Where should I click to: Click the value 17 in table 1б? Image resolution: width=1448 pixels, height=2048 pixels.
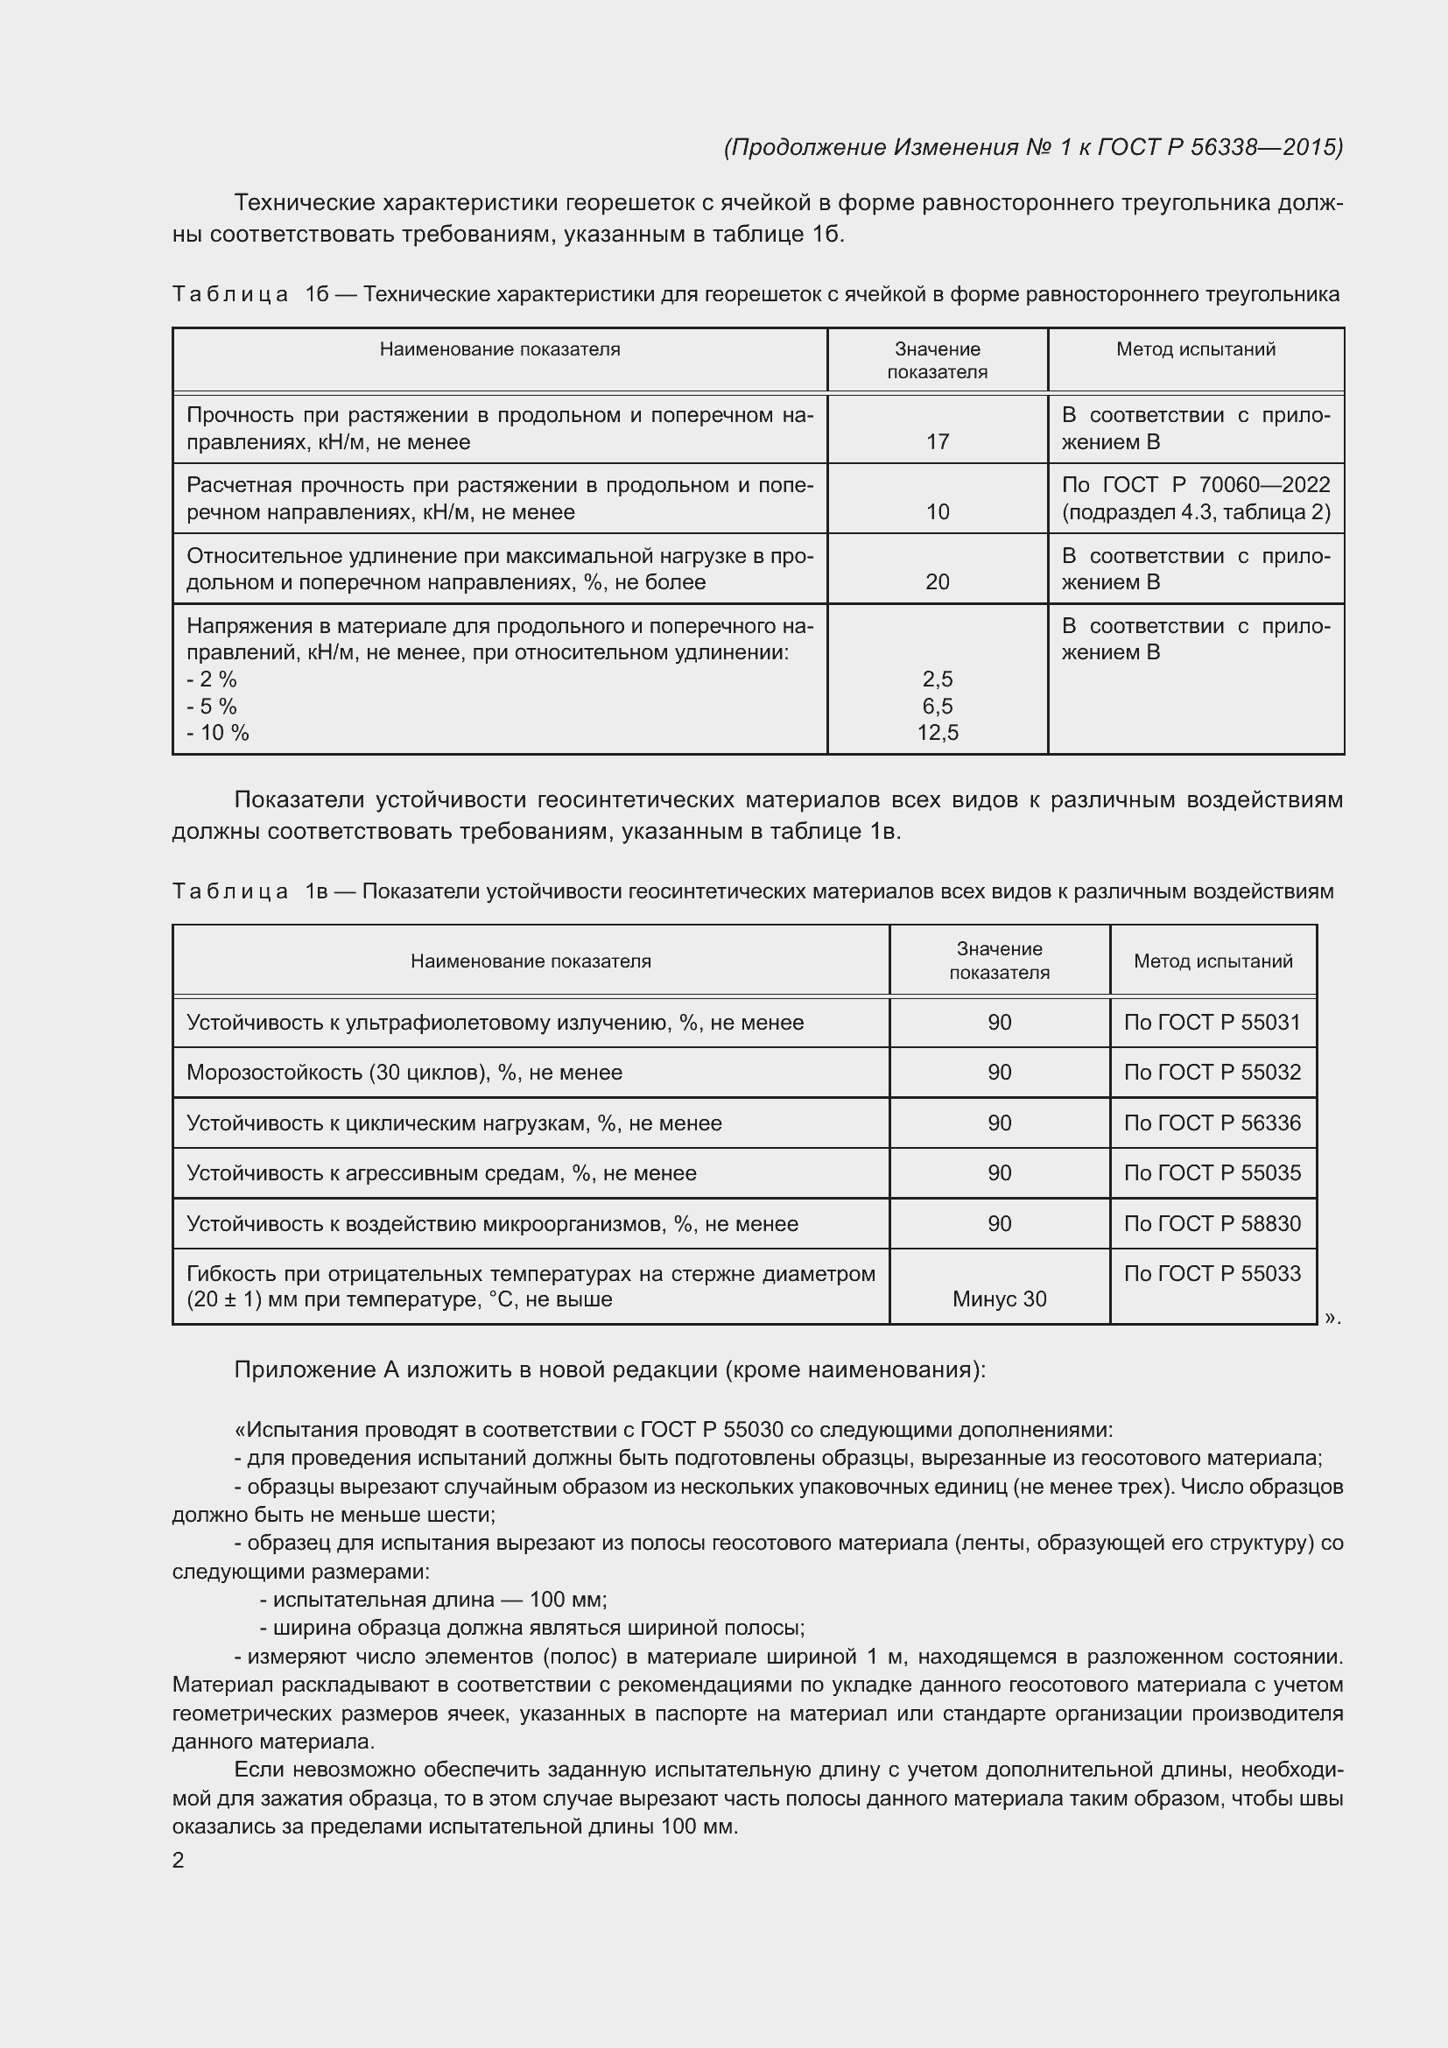coord(937,441)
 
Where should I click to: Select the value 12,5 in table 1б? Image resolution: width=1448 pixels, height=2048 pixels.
coord(937,732)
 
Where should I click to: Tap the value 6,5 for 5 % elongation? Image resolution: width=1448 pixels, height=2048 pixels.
coord(937,706)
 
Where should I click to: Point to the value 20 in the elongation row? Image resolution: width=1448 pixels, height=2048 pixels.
coord(937,581)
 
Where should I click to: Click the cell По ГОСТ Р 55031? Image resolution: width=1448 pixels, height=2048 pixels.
coord(1212,1022)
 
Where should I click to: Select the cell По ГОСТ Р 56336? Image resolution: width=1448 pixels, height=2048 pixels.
coord(1212,1123)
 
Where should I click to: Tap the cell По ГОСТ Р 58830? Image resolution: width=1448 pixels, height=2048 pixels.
coord(1212,1224)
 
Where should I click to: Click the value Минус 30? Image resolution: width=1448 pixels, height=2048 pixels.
coord(999,1298)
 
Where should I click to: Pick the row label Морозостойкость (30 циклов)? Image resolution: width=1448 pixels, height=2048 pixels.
coord(404,1073)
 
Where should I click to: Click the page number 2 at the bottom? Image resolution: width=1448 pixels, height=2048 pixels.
coord(179,1860)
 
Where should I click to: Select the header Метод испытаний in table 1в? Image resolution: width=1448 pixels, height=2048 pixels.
coord(1213,961)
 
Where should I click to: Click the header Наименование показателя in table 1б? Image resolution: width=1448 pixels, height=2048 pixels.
coord(499,349)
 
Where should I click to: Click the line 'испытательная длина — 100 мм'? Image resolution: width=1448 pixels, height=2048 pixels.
coord(433,1600)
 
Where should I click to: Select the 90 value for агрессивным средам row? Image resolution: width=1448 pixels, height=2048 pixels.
coord(999,1173)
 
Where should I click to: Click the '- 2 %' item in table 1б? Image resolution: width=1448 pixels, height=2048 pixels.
coord(212,679)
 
